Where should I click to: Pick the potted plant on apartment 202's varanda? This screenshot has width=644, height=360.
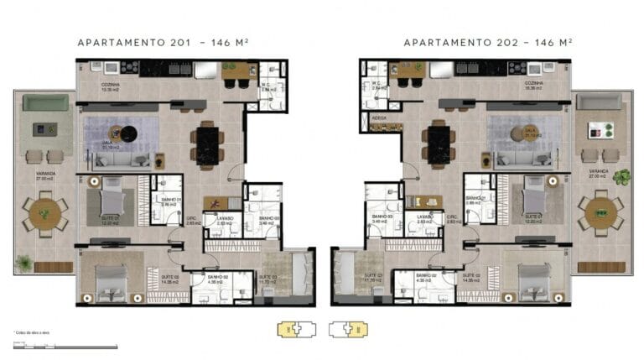pos(621,177)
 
